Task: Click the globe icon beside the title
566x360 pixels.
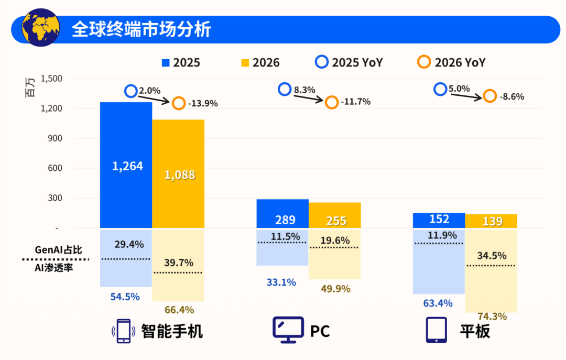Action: (x=40, y=27)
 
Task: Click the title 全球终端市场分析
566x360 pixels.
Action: (x=141, y=29)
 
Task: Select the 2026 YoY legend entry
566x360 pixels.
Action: (x=451, y=62)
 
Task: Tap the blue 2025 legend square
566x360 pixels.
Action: (x=166, y=63)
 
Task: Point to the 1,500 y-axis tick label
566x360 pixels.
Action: (x=51, y=79)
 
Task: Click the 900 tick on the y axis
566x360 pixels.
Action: (x=55, y=138)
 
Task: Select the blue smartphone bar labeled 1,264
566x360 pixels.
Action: (x=126, y=165)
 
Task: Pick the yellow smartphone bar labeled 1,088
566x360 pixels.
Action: (x=178, y=173)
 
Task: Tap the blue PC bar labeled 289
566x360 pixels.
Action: (x=282, y=214)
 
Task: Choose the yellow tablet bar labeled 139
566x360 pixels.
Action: (x=491, y=221)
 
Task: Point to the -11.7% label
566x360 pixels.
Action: (x=355, y=102)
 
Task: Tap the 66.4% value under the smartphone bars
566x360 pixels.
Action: (x=179, y=310)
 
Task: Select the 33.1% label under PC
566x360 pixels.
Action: (x=281, y=282)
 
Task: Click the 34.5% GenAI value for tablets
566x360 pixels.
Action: (x=492, y=256)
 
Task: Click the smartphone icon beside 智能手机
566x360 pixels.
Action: (x=124, y=331)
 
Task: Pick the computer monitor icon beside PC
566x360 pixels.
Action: (x=288, y=330)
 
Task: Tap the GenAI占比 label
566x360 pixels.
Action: (x=59, y=250)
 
